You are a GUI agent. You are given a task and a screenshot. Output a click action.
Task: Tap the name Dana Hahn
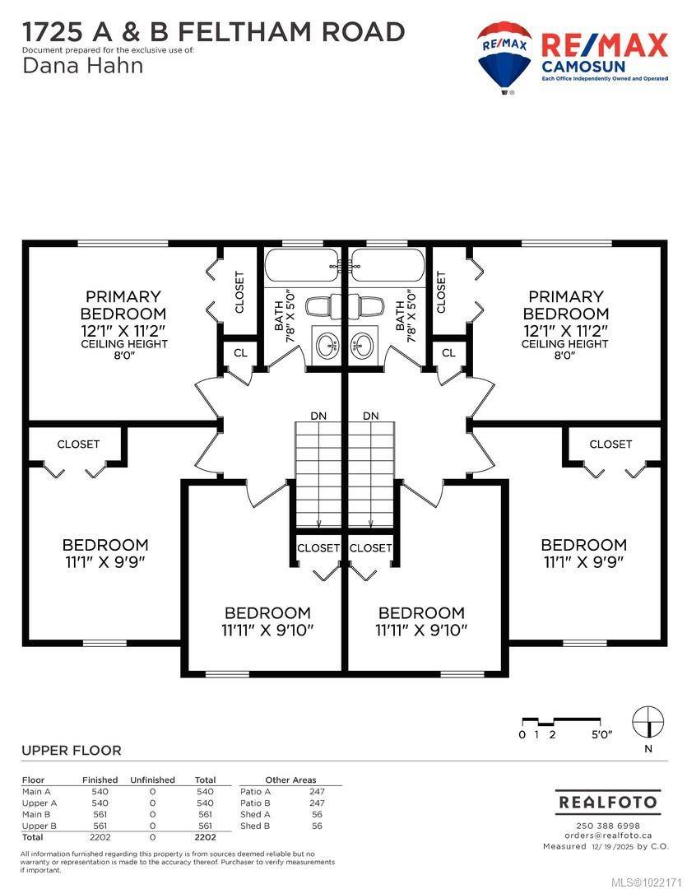[x=82, y=66]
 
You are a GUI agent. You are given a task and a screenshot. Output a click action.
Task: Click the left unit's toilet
[x=324, y=306]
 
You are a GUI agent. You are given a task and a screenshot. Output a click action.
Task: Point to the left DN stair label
[x=318, y=416]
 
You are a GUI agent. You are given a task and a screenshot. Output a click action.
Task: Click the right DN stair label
[x=371, y=416]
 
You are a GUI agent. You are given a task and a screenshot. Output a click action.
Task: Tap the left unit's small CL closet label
[x=240, y=352]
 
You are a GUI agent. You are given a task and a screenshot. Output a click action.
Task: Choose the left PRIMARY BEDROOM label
[x=123, y=305]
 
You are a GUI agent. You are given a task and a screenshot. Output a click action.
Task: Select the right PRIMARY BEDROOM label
[x=566, y=305]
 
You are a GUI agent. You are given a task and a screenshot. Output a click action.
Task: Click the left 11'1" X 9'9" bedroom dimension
[x=105, y=562]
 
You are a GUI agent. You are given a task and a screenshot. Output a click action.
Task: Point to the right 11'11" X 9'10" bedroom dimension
[x=421, y=630]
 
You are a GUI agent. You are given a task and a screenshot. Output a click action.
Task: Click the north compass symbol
[x=648, y=723]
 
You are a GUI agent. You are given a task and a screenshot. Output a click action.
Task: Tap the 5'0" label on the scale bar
[x=602, y=735]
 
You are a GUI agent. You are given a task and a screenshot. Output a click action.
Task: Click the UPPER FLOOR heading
[x=72, y=751]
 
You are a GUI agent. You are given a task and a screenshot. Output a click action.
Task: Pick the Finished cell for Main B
[x=100, y=815]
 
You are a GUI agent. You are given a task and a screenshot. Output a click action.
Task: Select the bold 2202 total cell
[x=205, y=837]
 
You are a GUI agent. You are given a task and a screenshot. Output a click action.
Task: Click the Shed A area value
[x=317, y=815]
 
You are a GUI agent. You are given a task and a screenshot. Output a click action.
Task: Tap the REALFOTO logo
[x=608, y=803]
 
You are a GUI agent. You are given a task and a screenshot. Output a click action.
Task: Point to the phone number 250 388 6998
[x=608, y=826]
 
